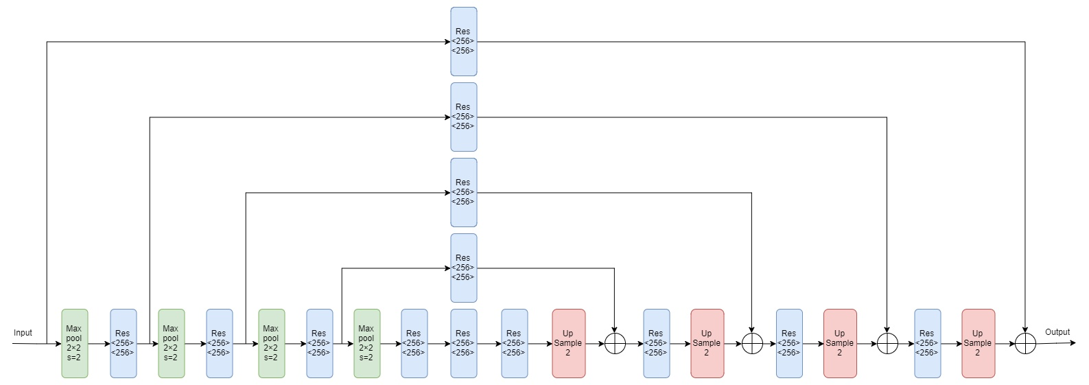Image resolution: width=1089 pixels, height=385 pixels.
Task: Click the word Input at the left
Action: pyautogui.click(x=23, y=333)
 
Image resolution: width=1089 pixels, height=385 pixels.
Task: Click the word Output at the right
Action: pyautogui.click(x=1057, y=332)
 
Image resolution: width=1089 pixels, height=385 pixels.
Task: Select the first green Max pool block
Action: pyautogui.click(x=75, y=343)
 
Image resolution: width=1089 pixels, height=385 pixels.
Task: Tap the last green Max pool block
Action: pyautogui.click(x=366, y=343)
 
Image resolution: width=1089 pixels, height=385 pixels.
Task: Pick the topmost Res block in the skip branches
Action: pyautogui.click(x=463, y=41)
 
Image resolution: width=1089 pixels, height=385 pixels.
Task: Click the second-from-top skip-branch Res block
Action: pyautogui.click(x=463, y=117)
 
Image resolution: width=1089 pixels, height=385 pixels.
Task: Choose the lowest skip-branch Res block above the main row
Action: pyautogui.click(x=463, y=268)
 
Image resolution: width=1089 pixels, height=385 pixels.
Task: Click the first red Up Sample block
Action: pyautogui.click(x=568, y=343)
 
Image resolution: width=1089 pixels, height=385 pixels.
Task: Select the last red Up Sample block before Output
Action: pyautogui.click(x=978, y=343)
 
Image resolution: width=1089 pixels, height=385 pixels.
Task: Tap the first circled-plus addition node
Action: pyautogui.click(x=615, y=343)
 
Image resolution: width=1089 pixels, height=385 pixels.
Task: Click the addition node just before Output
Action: pyautogui.click(x=1024, y=343)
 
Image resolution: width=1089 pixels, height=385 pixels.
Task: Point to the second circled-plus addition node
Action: pyautogui.click(x=752, y=343)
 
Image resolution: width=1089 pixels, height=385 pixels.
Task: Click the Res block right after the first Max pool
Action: pyautogui.click(x=123, y=343)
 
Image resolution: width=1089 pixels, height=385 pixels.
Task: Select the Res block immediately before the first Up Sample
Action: pyautogui.click(x=514, y=343)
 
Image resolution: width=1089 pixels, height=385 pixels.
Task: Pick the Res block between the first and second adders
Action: pyautogui.click(x=656, y=343)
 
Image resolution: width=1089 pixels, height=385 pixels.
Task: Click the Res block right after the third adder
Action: pyautogui.click(x=927, y=343)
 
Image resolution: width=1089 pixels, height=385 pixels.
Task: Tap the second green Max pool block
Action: pyautogui.click(x=171, y=343)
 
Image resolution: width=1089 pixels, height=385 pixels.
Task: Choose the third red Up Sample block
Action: pyautogui.click(x=840, y=343)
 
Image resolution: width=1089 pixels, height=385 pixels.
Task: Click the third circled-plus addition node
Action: pyautogui.click(x=887, y=343)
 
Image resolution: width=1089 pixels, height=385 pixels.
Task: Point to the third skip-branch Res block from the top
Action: pyautogui.click(x=463, y=192)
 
